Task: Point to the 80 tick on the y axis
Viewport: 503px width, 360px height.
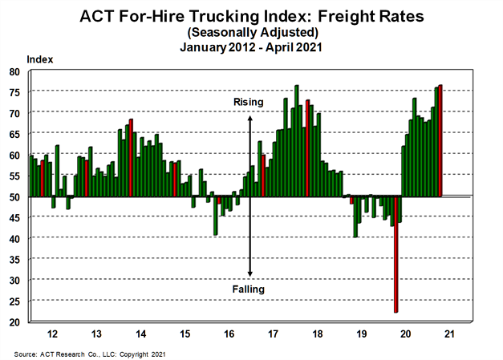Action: point(14,71)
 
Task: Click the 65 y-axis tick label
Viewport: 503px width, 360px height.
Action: point(14,134)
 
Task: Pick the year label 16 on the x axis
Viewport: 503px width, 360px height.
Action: point(229,332)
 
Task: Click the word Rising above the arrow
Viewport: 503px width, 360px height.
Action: point(249,103)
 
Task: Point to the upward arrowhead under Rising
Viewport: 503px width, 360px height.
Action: point(250,117)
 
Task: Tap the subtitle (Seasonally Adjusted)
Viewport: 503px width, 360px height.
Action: point(251,32)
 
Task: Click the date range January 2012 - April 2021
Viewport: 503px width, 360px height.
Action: point(251,47)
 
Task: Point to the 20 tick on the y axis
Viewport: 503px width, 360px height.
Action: point(14,322)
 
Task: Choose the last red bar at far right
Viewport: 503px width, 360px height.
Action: point(440,140)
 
